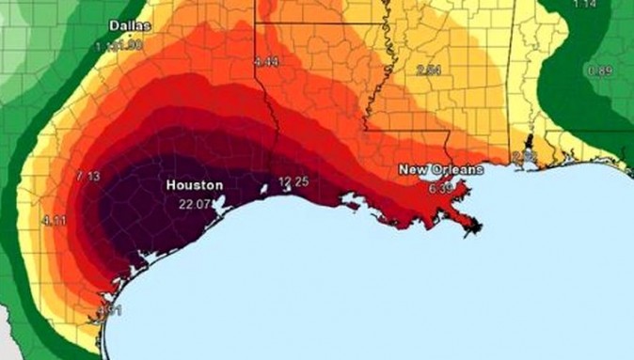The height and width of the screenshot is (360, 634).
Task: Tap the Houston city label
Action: coord(195,185)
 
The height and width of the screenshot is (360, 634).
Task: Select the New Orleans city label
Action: coord(440,169)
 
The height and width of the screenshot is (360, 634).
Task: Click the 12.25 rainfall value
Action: coord(293,180)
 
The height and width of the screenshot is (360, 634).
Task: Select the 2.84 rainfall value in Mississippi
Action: coord(429,70)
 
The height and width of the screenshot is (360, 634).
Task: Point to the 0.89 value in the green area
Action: coord(599,70)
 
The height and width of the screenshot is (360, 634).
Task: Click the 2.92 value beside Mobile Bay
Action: coord(524,154)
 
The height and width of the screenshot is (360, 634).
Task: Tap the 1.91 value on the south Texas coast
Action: coord(110,309)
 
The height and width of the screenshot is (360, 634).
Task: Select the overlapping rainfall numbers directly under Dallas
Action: coord(119,44)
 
